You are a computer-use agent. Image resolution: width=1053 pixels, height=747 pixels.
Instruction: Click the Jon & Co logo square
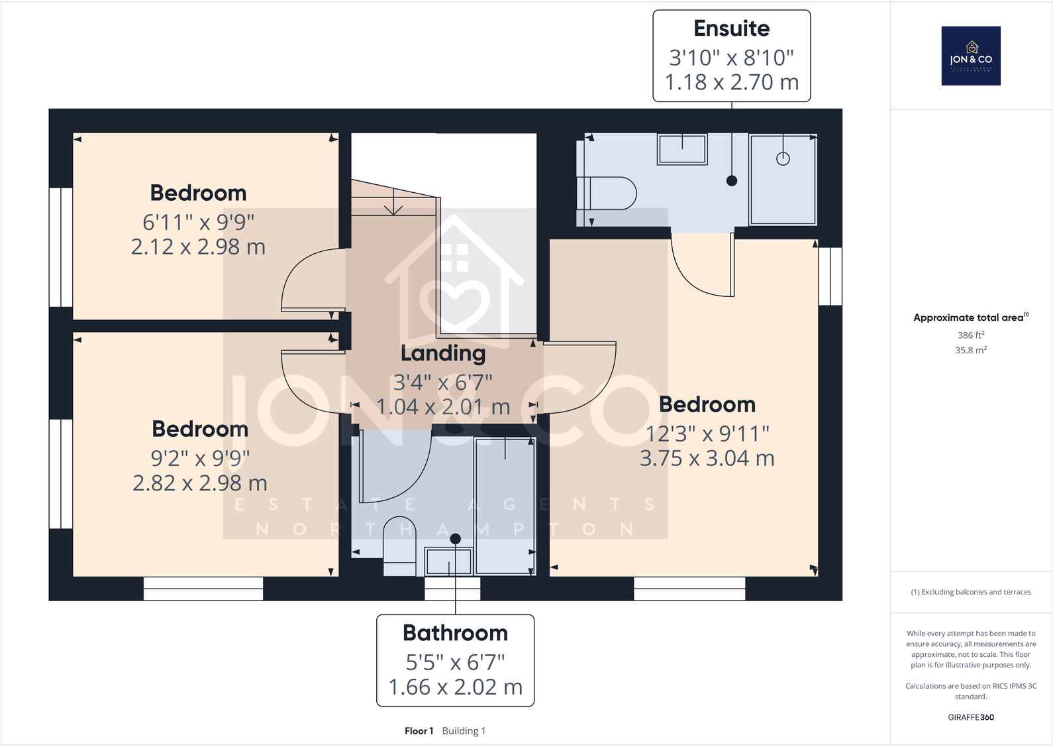click(971, 56)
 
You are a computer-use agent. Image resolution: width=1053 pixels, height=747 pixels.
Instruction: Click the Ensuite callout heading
click(731, 29)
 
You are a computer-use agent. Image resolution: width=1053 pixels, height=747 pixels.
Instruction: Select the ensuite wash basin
click(682, 148)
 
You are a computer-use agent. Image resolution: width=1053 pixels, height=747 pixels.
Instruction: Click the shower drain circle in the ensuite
click(783, 159)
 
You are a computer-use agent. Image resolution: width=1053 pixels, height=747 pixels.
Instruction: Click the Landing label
click(442, 353)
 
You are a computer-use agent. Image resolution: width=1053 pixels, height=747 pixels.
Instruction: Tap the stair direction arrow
click(393, 203)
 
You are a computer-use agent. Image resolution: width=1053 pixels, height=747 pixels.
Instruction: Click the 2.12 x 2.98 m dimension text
click(198, 247)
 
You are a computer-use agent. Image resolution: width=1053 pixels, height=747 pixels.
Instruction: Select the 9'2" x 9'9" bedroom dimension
click(200, 458)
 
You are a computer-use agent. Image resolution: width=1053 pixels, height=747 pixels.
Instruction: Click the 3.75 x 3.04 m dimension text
click(707, 458)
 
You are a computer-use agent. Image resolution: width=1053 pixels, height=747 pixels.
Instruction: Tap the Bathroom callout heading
click(455, 633)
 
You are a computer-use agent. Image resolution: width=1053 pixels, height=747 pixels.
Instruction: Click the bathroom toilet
click(399, 545)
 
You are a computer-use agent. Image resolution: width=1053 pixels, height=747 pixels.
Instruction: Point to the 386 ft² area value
click(970, 335)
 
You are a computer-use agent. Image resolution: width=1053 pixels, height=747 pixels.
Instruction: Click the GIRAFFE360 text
click(970, 717)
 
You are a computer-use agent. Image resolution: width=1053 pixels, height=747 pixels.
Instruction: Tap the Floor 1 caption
click(419, 731)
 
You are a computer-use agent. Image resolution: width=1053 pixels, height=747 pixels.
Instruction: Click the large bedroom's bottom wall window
click(689, 589)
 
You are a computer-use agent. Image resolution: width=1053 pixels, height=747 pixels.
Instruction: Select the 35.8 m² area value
click(970, 351)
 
